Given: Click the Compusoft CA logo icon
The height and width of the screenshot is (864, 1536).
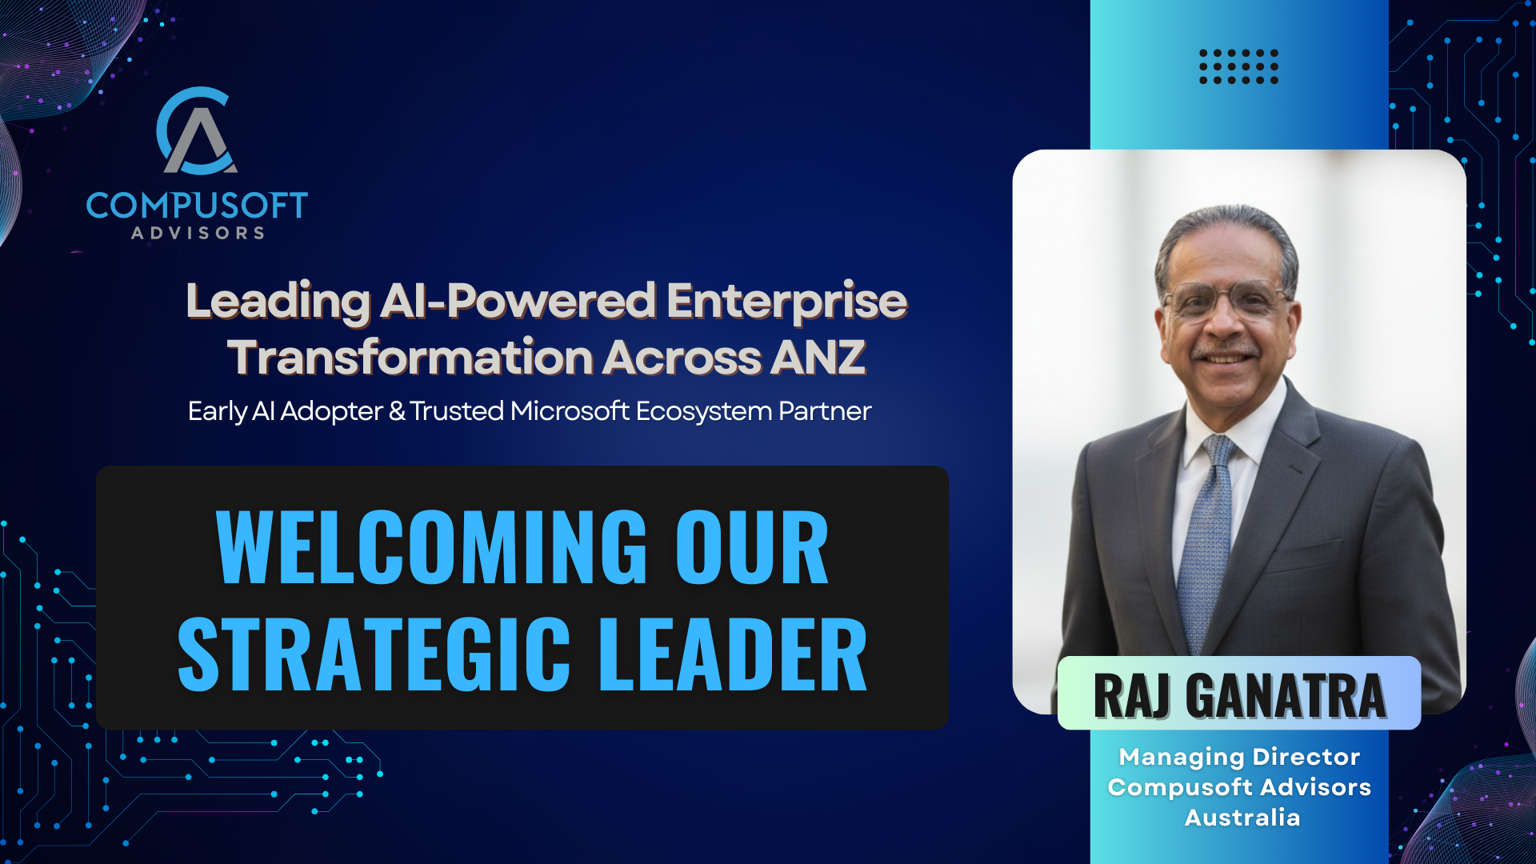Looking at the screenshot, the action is point(196,131).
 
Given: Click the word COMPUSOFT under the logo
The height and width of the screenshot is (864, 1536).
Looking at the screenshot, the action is point(197,206).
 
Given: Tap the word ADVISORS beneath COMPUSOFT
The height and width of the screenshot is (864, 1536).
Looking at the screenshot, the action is point(198,233).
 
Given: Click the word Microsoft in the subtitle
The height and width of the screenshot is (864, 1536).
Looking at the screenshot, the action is point(570,410).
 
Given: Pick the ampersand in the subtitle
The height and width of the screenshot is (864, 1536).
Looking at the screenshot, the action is point(397,411).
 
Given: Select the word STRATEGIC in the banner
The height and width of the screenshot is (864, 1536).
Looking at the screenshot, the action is point(374,654).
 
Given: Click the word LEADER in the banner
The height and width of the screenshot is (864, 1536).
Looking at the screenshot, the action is point(733,654).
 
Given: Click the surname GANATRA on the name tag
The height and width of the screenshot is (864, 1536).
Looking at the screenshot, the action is point(1286,696).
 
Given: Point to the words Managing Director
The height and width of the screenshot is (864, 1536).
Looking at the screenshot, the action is point(1239,756).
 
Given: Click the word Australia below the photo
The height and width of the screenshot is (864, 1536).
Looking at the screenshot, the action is point(1242,818).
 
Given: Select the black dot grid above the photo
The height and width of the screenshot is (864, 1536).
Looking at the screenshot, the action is point(1238,66).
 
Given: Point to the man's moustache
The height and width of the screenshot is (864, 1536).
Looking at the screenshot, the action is point(1222,351).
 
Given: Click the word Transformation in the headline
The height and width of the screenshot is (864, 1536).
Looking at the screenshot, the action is point(410,357).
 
